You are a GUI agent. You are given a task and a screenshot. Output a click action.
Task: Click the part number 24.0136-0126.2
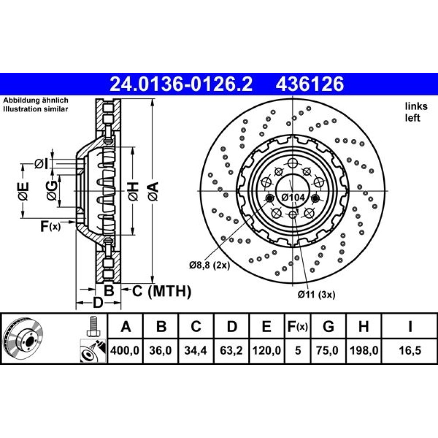coord(181,84)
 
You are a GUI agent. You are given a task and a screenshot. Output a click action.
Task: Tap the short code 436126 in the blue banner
coord(310,84)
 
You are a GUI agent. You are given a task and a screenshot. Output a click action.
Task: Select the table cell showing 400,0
coord(125,350)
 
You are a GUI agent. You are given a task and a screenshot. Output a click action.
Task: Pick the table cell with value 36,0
coord(160,350)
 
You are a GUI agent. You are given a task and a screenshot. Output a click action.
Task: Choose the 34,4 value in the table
coord(195,350)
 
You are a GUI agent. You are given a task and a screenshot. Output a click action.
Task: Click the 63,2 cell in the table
coord(231,350)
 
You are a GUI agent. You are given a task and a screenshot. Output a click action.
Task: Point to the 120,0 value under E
coord(267,350)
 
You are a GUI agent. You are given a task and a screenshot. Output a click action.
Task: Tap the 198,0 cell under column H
coord(364,350)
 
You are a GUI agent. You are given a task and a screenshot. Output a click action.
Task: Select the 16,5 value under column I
coord(410,350)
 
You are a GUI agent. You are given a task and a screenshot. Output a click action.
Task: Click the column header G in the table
coord(328,326)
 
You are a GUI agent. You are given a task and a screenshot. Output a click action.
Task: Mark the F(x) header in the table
coord(297,326)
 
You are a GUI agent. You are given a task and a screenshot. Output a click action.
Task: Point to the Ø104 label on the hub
coord(293,198)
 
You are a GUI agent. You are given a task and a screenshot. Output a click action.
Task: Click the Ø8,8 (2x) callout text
coord(209,265)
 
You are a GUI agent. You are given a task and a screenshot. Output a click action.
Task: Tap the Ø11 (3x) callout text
coord(316,294)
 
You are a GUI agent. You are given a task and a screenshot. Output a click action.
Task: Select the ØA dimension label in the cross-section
coord(153,191)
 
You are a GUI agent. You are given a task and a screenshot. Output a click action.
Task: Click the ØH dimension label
coord(133,191)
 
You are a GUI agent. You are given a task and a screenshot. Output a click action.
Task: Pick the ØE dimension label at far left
coord(24,191)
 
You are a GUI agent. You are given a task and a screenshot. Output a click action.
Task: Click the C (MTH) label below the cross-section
coord(162,291)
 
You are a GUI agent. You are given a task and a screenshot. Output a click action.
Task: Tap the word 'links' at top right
coord(416,106)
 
